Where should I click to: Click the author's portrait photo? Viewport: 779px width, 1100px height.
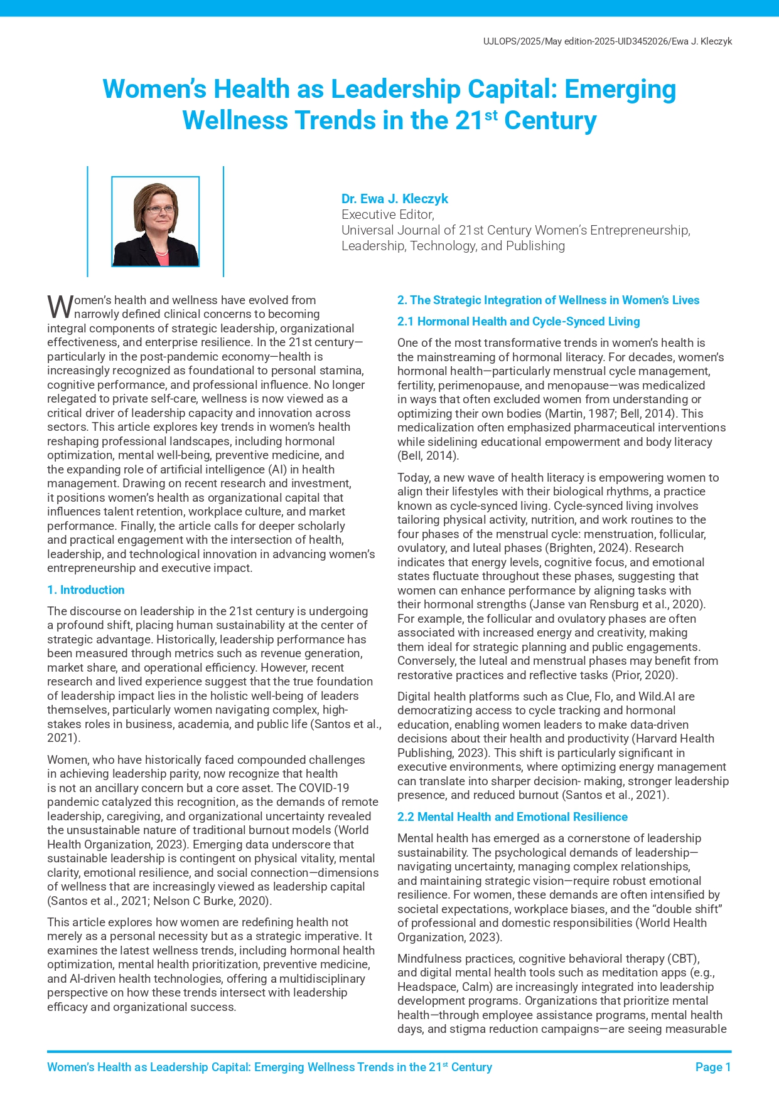pos(155,221)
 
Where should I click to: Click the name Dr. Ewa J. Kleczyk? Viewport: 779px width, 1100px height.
pos(394,199)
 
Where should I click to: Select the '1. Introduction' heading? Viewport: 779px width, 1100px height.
pos(86,590)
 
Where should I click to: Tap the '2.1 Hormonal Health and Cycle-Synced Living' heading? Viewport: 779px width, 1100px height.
pos(518,321)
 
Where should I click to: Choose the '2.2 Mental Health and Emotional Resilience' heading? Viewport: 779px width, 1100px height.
pos(512,817)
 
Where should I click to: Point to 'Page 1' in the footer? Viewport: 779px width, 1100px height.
pos(713,1067)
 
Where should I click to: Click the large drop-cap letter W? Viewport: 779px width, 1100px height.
pos(60,307)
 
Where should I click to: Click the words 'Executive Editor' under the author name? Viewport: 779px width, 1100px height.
pos(387,214)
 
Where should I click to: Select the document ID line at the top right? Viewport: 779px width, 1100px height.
pos(607,41)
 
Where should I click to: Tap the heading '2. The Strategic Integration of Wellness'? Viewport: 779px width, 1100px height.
pos(548,300)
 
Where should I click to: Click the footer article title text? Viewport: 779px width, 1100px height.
pos(269,1067)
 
